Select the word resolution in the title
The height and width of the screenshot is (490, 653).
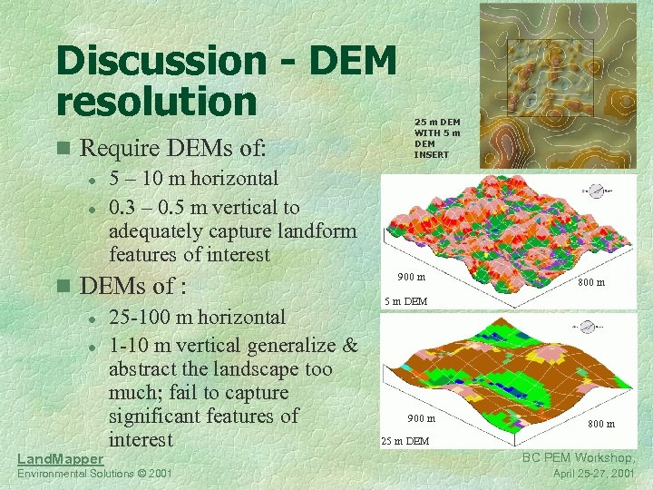[x=156, y=101]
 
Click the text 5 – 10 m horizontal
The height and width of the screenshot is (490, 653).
[x=193, y=179]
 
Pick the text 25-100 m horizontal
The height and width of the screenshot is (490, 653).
[x=197, y=318]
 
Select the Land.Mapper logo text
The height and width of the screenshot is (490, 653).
[x=61, y=460]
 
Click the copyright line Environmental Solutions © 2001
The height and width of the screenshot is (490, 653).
[x=94, y=475]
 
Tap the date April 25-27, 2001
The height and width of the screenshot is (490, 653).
[x=594, y=475]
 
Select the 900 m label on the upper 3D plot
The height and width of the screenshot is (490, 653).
[x=412, y=276]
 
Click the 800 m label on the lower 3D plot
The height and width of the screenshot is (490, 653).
[x=600, y=424]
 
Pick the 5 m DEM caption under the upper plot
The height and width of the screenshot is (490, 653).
[x=405, y=300]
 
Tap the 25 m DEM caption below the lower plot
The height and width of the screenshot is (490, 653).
[x=404, y=441]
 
